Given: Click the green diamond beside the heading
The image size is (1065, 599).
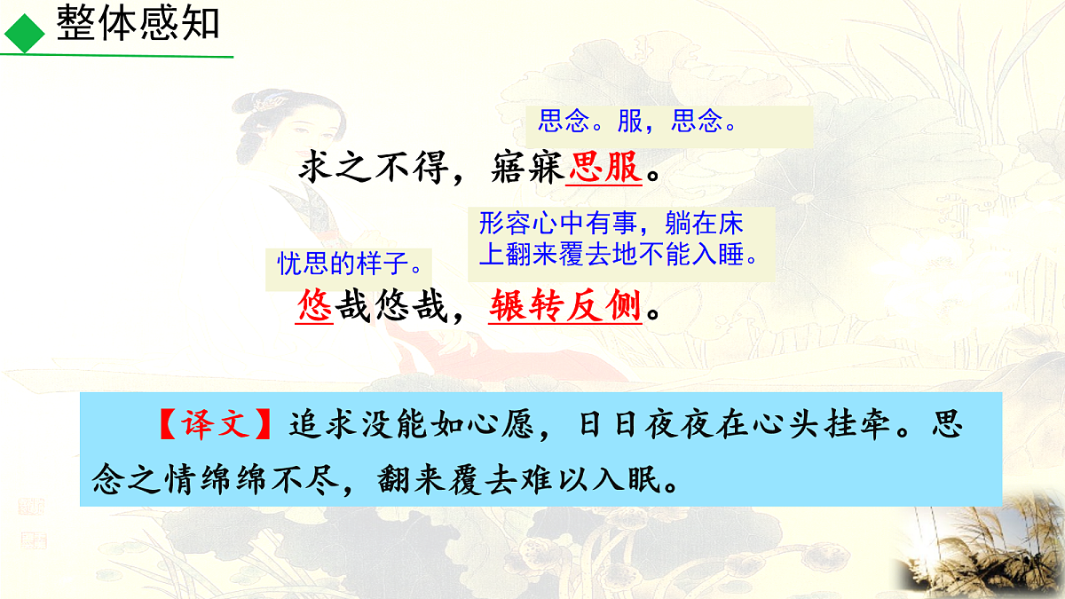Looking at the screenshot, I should (24, 33).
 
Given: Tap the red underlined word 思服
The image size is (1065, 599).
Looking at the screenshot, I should (604, 166).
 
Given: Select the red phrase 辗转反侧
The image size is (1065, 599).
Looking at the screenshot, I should (564, 307).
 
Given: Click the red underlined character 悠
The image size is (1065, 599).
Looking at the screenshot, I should (314, 307).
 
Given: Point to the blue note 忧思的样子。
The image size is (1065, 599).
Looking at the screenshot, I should (349, 264).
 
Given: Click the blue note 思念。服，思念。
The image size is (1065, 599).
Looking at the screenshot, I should (638, 122).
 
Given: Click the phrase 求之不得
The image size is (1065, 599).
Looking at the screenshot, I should (372, 166).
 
